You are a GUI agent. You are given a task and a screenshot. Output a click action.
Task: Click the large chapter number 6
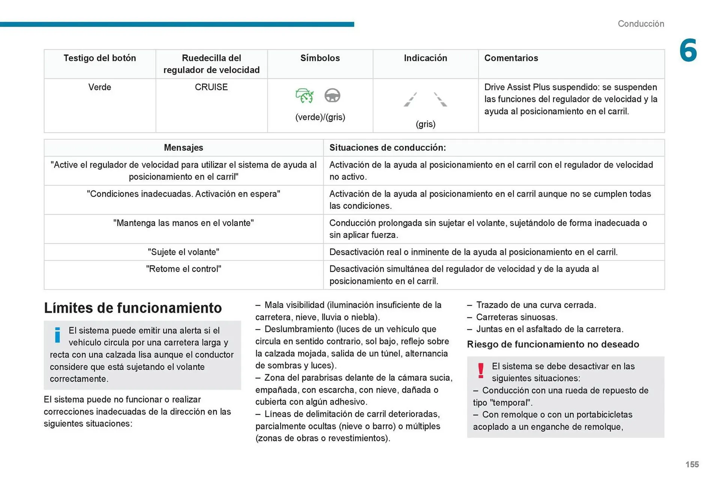(x=688, y=50)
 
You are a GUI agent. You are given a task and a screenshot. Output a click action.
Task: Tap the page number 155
(x=692, y=464)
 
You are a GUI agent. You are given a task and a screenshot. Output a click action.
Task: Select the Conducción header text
(x=640, y=24)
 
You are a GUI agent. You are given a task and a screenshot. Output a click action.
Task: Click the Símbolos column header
(x=320, y=58)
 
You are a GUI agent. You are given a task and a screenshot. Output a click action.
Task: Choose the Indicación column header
(x=425, y=58)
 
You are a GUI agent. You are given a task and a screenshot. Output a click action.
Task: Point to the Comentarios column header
(x=511, y=58)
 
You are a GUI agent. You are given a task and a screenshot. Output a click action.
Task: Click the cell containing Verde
(x=100, y=87)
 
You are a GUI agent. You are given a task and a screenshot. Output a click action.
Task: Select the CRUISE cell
(x=211, y=87)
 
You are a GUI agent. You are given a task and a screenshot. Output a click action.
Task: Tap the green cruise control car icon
(x=304, y=95)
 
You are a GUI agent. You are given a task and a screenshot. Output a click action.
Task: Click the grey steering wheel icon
(x=332, y=95)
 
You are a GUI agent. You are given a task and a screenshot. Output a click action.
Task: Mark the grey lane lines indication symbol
(x=425, y=100)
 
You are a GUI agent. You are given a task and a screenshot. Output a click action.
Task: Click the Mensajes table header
(x=183, y=148)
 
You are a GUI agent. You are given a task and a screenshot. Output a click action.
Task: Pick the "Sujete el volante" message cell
(x=183, y=252)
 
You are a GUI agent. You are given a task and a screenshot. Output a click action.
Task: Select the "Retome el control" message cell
(x=183, y=269)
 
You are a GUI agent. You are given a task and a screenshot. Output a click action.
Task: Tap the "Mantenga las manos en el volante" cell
(x=183, y=223)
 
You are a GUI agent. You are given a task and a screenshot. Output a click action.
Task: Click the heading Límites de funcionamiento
(x=133, y=308)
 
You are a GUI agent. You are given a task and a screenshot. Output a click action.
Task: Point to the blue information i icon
(x=57, y=335)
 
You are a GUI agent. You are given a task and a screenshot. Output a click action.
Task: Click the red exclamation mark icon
(x=481, y=370)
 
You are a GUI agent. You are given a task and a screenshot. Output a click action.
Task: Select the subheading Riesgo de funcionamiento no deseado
(x=553, y=344)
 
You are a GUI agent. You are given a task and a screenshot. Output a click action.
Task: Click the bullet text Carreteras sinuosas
(x=516, y=317)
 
